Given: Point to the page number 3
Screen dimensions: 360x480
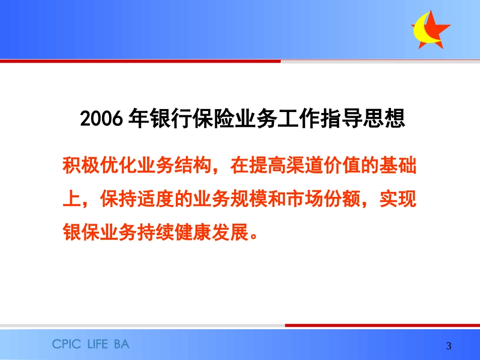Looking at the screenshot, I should point(449,346).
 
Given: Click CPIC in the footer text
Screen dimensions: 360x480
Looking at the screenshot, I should point(68,344).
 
